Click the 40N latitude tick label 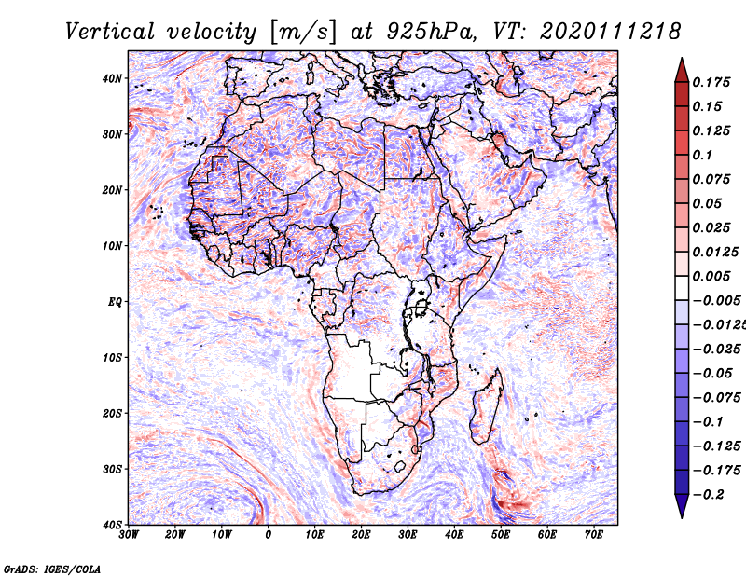pyautogui.click(x=112, y=78)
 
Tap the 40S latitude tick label pyautogui.click(x=112, y=525)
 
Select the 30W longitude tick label pyautogui.click(x=129, y=535)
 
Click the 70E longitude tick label pyautogui.click(x=594, y=535)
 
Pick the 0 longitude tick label pyautogui.click(x=269, y=535)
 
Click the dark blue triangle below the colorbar pyautogui.click(x=681, y=507)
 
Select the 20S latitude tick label pyautogui.click(x=112, y=413)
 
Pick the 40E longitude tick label pyautogui.click(x=454, y=535)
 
